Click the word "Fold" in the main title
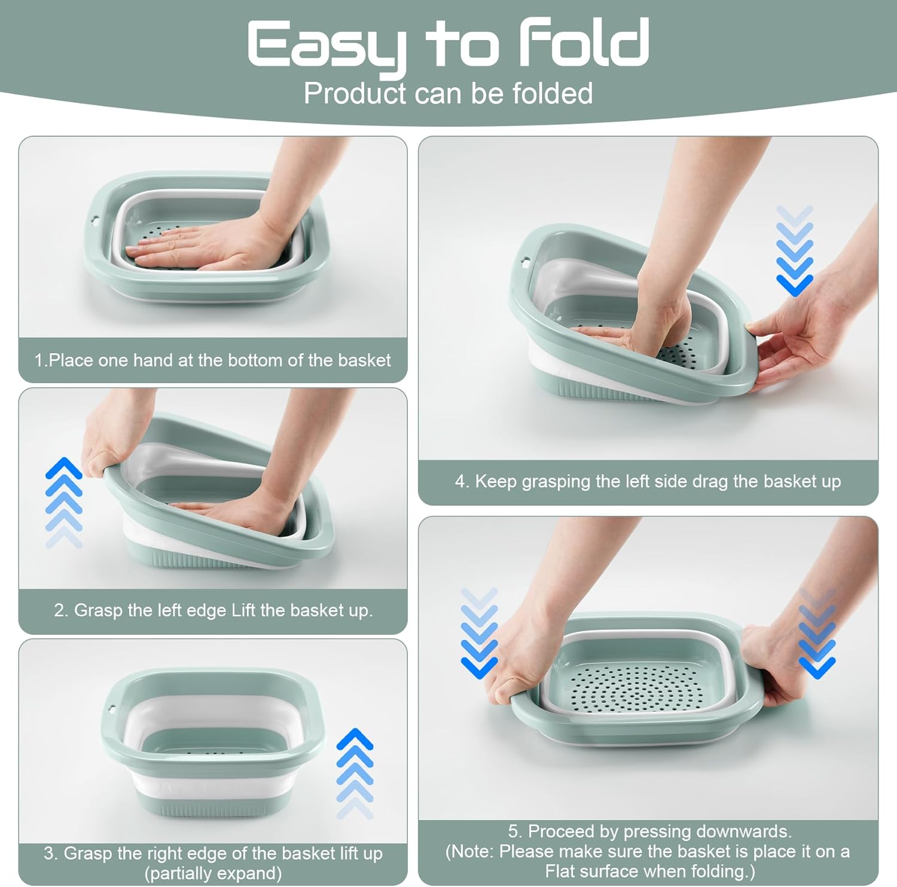(584, 43)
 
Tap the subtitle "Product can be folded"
(448, 93)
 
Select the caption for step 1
(212, 360)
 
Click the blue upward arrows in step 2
(64, 502)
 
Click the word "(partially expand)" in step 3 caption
(213, 873)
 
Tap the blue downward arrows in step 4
(795, 250)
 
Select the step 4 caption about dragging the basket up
(648, 481)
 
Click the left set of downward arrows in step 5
(479, 633)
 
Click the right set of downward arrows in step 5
(817, 633)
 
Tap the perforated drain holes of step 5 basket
(636, 687)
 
